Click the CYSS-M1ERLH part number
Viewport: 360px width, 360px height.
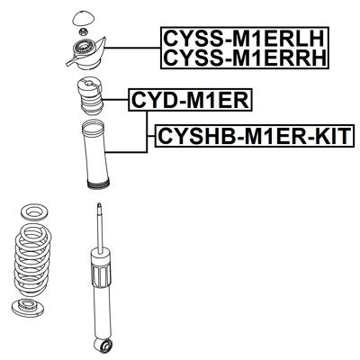coord(245,38)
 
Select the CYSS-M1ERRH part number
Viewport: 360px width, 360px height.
coord(245,58)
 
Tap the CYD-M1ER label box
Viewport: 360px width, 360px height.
coord(191,100)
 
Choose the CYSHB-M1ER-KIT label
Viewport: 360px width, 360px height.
coord(255,136)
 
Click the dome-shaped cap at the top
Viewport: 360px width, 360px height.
coord(82,19)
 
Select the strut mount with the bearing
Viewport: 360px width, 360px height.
coord(86,54)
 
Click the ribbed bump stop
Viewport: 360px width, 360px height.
coord(90,96)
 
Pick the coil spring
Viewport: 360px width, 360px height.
coord(32,260)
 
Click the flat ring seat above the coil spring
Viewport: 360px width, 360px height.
coord(34,212)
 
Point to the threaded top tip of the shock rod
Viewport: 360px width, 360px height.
coord(99,207)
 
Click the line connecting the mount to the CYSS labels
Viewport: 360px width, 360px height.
coord(132,48)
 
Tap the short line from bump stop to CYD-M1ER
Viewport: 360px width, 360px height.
coord(116,100)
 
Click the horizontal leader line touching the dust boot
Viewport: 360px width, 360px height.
coord(126,152)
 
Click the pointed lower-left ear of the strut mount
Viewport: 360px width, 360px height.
coord(69,62)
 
